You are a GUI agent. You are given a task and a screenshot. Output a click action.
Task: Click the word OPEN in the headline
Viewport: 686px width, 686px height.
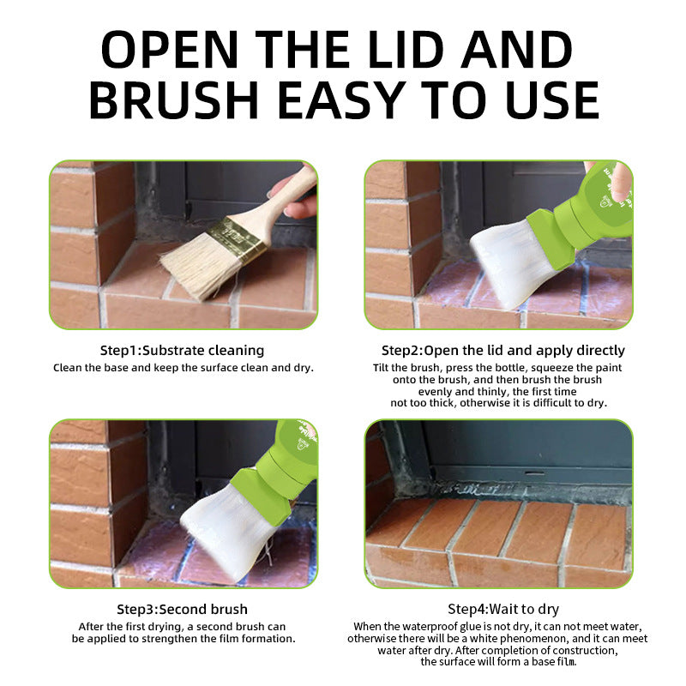click(170, 50)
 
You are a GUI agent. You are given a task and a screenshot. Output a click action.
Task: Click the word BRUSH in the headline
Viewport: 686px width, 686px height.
click(173, 100)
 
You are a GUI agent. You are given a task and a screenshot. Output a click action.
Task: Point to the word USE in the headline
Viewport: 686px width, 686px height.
click(551, 100)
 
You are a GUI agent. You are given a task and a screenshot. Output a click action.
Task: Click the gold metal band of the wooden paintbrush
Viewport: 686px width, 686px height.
click(237, 238)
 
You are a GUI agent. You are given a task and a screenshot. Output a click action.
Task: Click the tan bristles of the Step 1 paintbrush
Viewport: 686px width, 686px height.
click(199, 268)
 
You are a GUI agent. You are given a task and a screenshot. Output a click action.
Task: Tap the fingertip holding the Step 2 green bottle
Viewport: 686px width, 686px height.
click(619, 184)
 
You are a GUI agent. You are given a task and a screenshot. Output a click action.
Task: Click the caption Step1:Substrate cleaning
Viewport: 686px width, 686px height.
click(182, 351)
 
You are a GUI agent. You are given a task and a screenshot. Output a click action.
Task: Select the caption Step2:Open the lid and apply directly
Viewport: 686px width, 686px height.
click(503, 351)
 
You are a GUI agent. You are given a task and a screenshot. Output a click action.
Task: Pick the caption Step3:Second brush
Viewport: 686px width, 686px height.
click(182, 610)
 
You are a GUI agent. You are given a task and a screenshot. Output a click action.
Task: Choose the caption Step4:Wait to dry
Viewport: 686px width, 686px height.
click(503, 610)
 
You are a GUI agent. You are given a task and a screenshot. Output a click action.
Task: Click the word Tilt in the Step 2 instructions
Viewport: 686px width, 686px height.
click(381, 368)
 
